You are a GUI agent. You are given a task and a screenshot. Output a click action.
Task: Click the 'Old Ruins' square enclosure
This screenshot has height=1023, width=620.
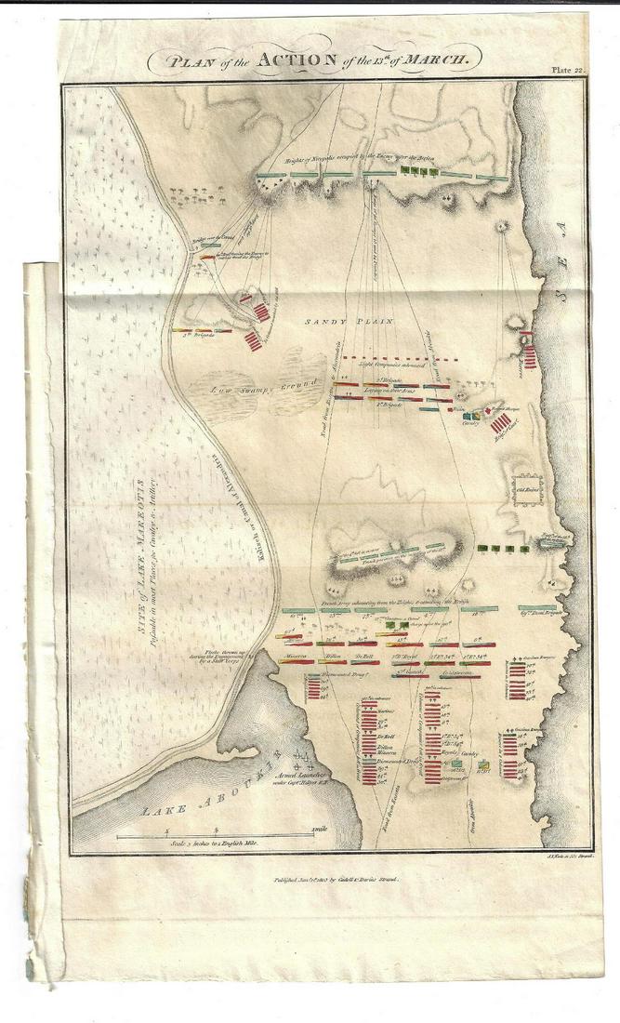527,491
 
